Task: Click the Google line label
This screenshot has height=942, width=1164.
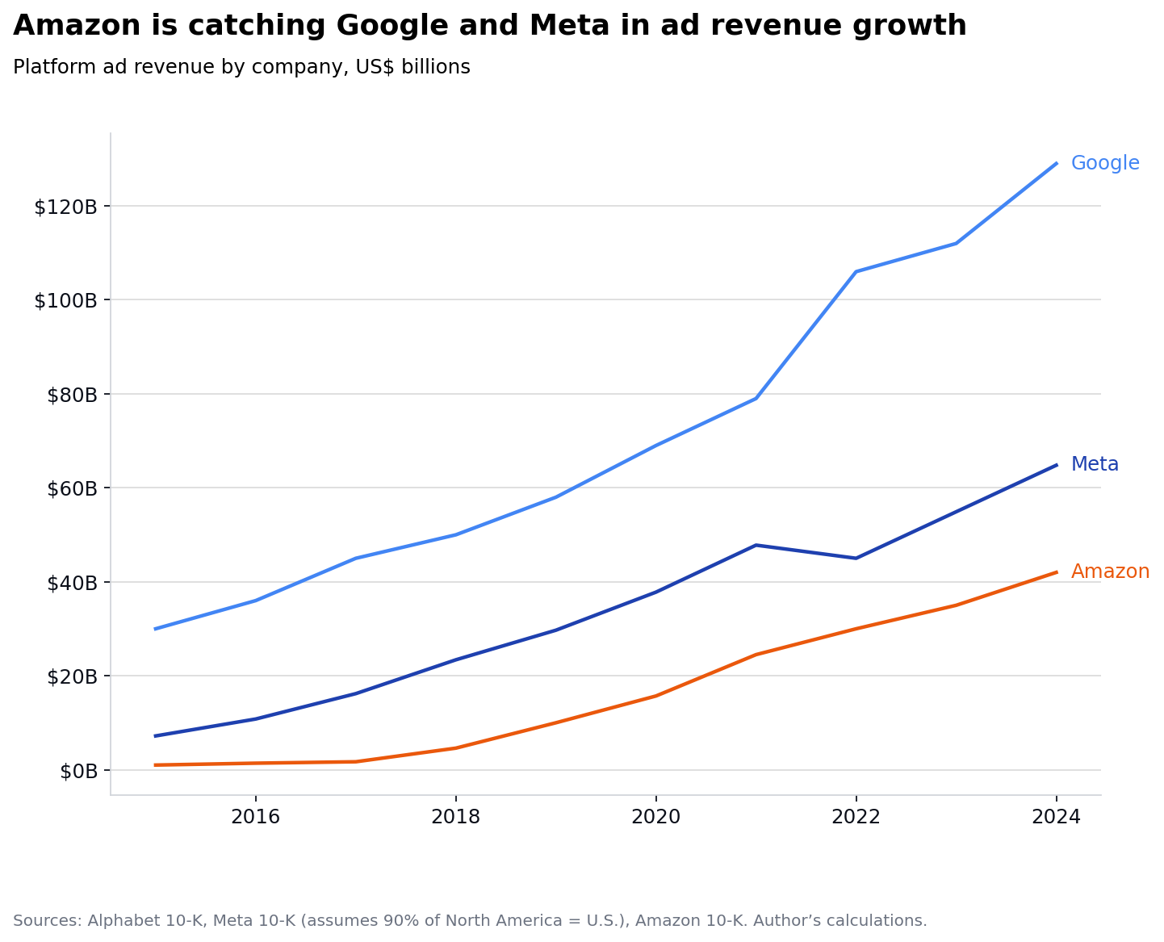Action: tap(1104, 163)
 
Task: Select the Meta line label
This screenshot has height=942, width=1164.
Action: tap(1094, 464)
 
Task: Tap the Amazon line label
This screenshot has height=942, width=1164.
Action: tap(1109, 571)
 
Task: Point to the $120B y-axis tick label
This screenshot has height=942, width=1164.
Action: tap(65, 207)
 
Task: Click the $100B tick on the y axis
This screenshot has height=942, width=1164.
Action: tap(65, 300)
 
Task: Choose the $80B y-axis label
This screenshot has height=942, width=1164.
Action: tap(72, 395)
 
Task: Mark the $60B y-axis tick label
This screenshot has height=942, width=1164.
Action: tap(72, 488)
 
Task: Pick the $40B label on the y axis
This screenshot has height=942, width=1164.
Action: tap(72, 583)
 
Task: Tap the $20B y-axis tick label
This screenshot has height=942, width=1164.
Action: tap(72, 676)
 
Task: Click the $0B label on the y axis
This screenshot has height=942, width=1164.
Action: tap(79, 771)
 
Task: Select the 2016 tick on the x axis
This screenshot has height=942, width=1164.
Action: tap(255, 817)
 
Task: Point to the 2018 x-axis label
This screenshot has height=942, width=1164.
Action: tap(455, 817)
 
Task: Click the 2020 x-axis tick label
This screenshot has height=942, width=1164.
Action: tap(655, 817)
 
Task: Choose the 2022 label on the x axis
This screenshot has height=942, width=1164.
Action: tap(856, 817)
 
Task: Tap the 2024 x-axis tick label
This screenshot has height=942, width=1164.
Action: tap(1056, 817)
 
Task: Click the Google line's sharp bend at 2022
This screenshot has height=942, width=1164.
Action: tap(856, 271)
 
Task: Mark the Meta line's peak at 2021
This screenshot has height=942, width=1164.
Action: tap(756, 545)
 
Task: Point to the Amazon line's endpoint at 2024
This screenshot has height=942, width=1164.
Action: tap(1056, 571)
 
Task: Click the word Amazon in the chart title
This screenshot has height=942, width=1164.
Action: tap(78, 26)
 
